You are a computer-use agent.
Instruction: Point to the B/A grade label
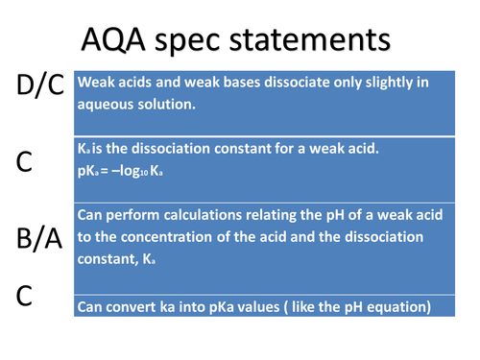pos(40,240)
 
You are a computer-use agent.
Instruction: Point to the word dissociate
pos(290,83)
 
